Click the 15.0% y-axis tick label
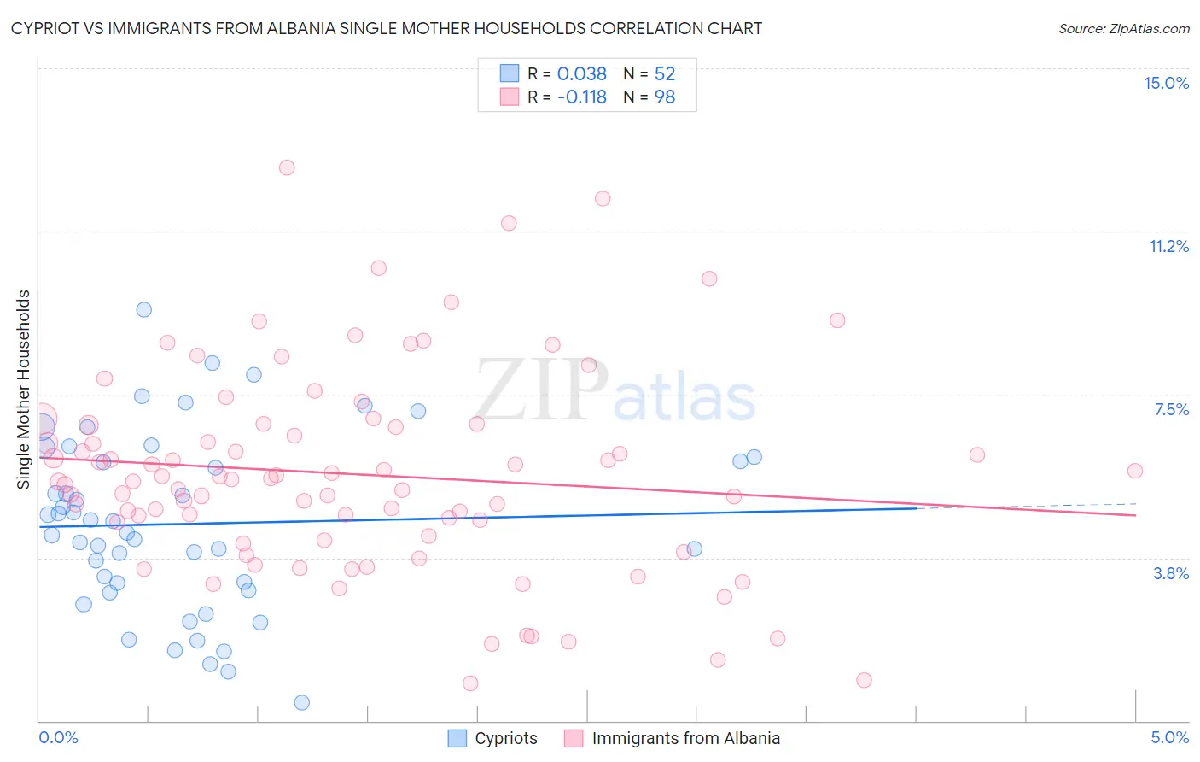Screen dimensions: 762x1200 pos(1166,83)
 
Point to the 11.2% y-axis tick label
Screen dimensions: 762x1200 pos(1168,246)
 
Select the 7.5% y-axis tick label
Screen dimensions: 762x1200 pos(1171,409)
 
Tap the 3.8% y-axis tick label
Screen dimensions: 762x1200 pos(1171,573)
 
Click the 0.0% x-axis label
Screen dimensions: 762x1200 pos(58,737)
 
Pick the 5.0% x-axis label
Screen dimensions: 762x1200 pos(1169,737)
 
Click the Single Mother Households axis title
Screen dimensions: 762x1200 pos(24,390)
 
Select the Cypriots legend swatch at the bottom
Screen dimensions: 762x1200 pos(457,738)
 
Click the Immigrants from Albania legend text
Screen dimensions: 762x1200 pos(685,738)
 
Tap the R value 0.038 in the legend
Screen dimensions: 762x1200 pos(581,74)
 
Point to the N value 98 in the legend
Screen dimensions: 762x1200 pos(664,97)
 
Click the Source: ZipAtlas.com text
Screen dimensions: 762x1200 pos(1123,29)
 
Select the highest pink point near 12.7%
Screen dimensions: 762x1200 pos(287,167)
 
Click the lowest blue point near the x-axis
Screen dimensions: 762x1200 pos(301,702)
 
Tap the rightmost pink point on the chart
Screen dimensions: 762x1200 pos(1134,471)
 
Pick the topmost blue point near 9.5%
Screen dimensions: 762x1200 pos(144,309)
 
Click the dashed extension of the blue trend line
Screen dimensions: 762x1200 pos(1024,506)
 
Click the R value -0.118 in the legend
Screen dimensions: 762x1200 pos(581,97)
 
